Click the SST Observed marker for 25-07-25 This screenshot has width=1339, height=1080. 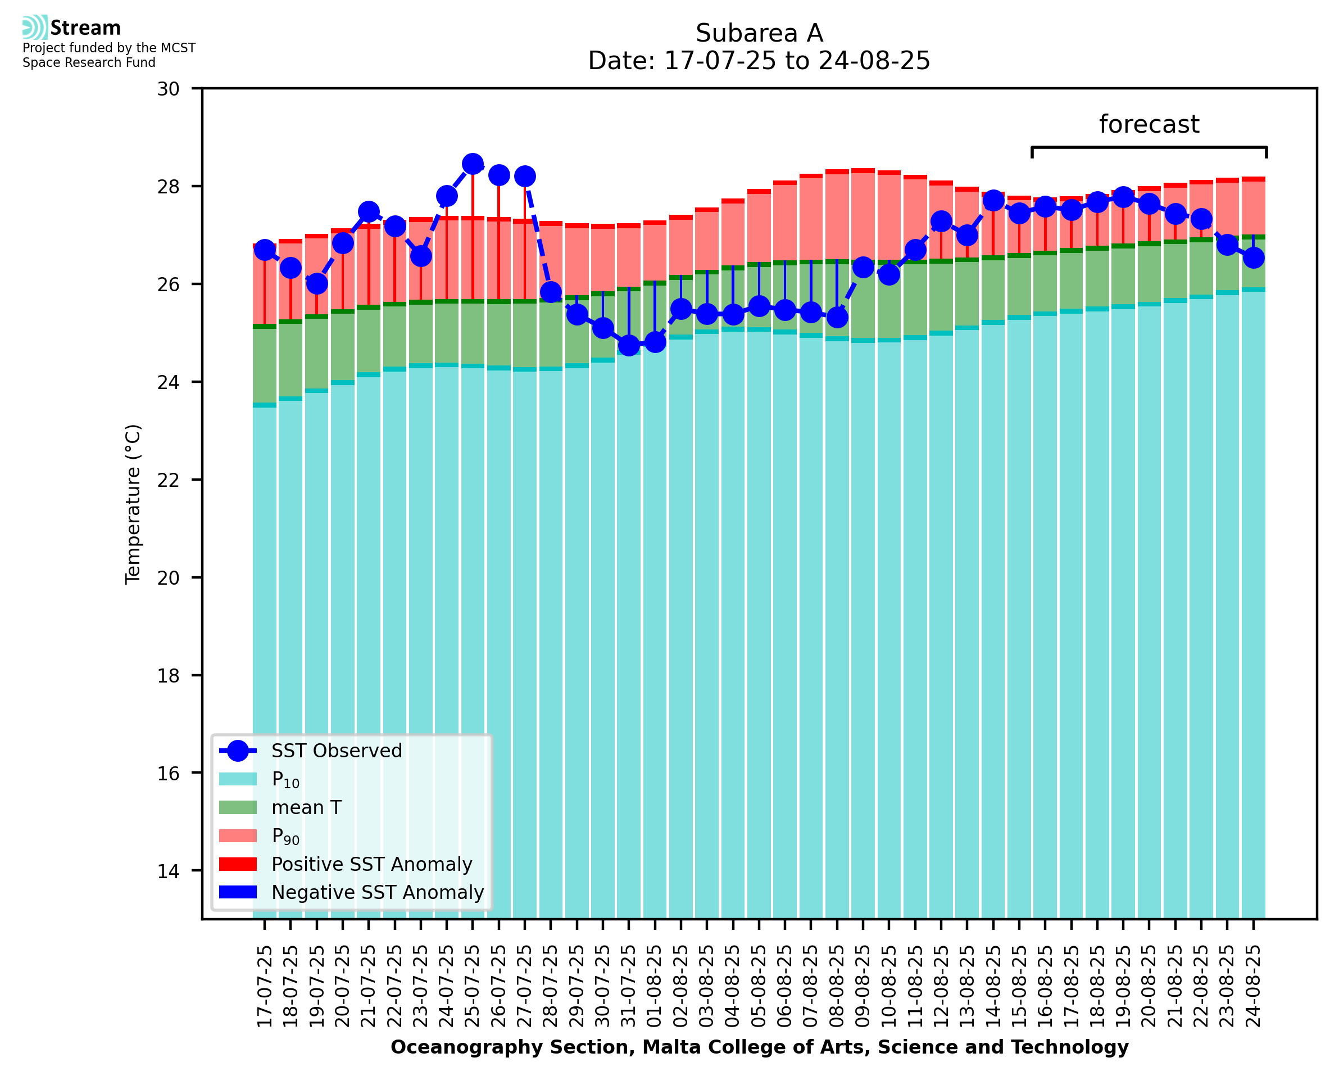click(x=473, y=164)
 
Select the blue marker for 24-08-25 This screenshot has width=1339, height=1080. click(x=1253, y=257)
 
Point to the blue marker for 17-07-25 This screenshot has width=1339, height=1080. click(x=265, y=250)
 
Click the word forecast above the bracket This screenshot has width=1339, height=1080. click(x=1149, y=124)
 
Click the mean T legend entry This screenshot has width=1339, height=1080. click(x=306, y=807)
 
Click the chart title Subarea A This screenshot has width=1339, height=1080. click(x=759, y=33)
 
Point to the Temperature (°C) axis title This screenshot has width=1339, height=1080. click(x=133, y=504)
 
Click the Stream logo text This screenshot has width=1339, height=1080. click(x=85, y=28)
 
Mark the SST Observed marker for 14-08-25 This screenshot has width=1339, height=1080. click(x=993, y=201)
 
